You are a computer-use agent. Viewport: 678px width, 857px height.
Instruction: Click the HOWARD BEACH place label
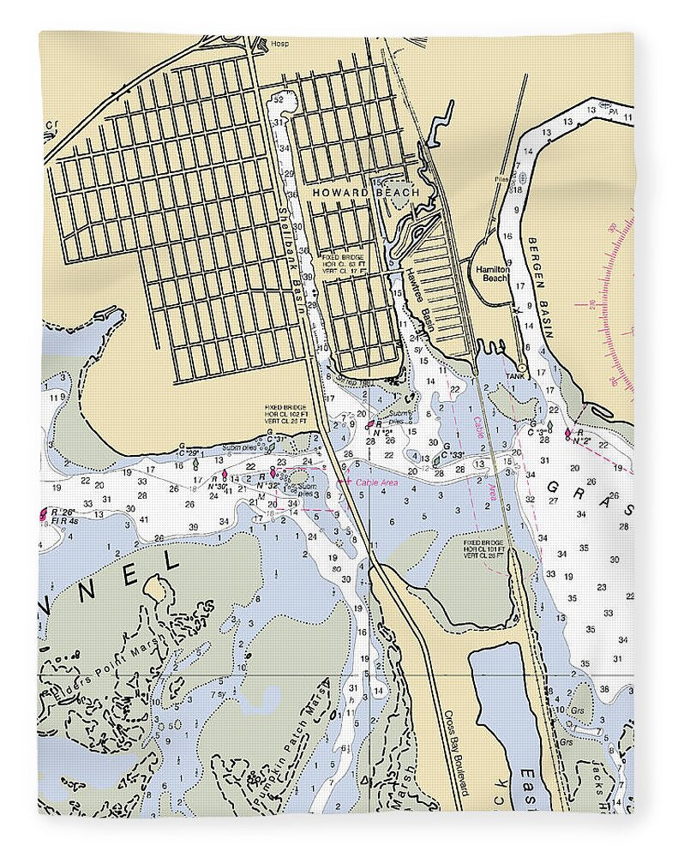pos(366,193)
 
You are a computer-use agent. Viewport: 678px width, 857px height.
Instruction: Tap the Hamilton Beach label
pos(493,273)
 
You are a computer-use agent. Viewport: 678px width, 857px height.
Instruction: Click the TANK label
pos(513,376)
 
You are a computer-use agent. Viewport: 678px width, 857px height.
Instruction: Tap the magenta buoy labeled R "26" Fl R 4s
pos(43,515)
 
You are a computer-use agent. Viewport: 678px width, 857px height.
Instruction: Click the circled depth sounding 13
pos(478,464)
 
